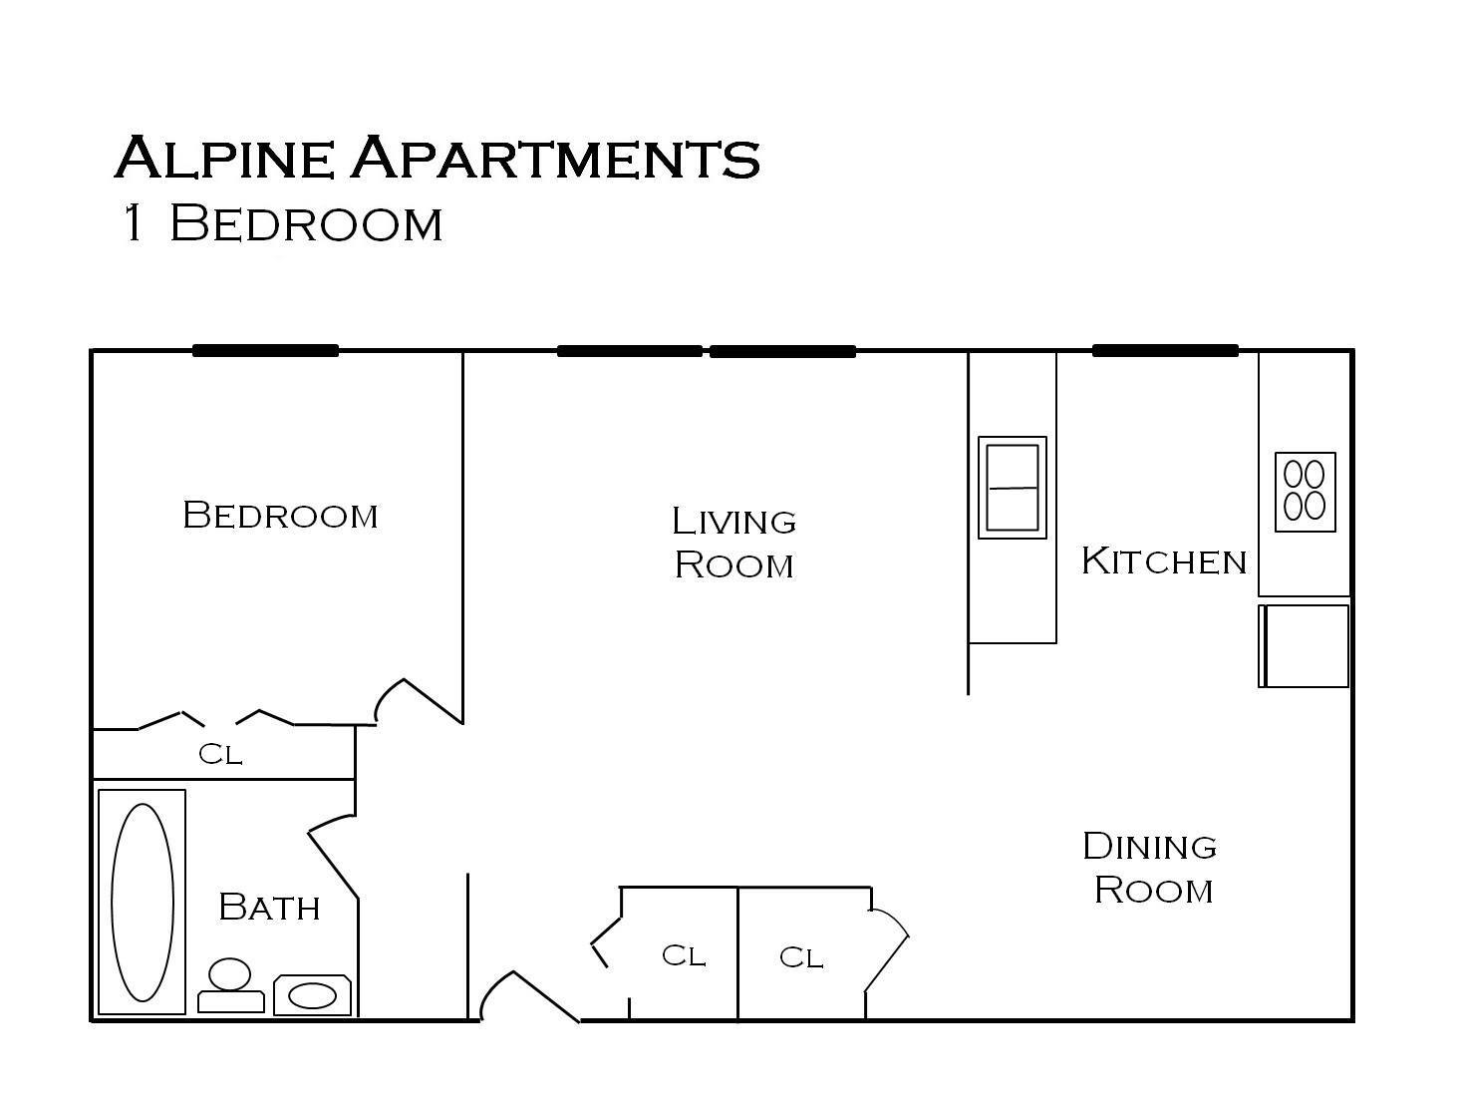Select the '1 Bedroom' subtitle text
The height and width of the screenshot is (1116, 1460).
coord(281,223)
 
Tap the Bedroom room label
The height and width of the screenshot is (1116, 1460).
coord(280,516)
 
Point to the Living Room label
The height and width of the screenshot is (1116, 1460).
coord(733,543)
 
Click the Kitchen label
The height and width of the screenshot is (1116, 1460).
coord(1163,560)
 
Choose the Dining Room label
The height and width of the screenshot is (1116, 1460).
coord(1150,868)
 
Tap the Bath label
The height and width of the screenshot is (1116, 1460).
coord(268,908)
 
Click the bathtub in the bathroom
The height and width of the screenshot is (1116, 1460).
coord(142,902)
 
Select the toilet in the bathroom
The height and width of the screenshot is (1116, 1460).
coord(230,985)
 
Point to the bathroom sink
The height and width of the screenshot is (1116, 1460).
coord(312,995)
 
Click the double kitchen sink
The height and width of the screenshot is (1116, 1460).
coord(1012,488)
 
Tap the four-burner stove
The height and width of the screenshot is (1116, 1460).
coord(1305,491)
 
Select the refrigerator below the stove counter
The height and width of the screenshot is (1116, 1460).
coord(1305,645)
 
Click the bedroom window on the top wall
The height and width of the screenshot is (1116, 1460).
coord(265,351)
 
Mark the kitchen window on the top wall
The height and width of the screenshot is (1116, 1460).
coord(1165,351)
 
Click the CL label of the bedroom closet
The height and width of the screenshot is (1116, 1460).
coord(220,754)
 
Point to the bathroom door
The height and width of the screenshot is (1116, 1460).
coord(333,858)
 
